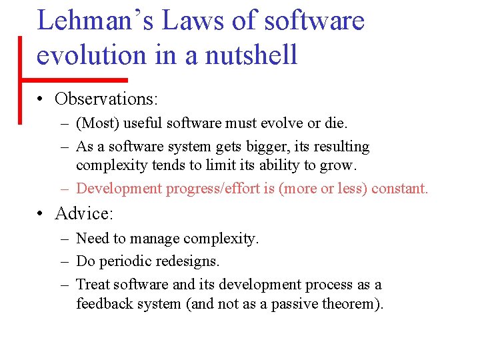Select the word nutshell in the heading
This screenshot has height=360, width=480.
pyautogui.click(x=251, y=54)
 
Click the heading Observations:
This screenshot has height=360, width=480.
pyautogui.click(x=106, y=99)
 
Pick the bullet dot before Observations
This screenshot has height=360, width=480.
pyautogui.click(x=41, y=99)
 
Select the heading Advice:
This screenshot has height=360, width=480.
pyautogui.click(x=85, y=213)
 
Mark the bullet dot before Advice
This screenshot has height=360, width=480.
pyautogui.click(x=41, y=214)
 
